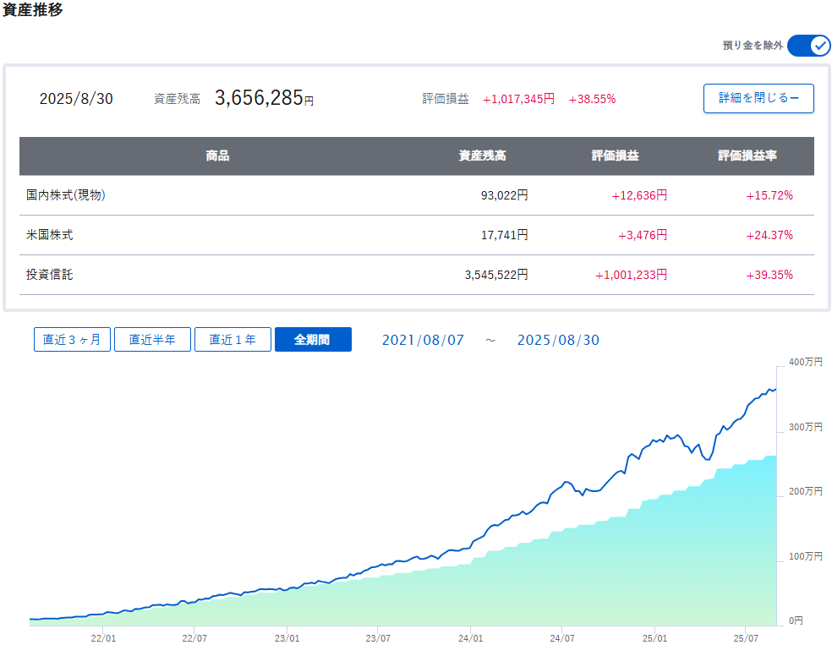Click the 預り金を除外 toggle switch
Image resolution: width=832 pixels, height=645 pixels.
click(808, 46)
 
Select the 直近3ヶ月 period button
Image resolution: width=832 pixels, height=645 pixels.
click(72, 340)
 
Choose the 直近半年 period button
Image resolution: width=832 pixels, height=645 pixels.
click(152, 340)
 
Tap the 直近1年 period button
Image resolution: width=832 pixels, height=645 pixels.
click(233, 340)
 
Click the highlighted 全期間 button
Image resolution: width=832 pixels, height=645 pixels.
click(312, 340)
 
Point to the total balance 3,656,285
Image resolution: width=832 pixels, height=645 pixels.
click(259, 98)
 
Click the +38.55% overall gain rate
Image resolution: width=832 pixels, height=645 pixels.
click(592, 99)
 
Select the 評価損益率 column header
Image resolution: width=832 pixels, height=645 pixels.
click(747, 156)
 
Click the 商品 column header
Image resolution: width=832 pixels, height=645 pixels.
click(217, 156)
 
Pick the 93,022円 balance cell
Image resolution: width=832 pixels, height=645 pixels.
click(505, 195)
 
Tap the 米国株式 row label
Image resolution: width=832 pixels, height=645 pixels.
click(50, 235)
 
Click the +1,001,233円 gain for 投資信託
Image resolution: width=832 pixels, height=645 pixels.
click(631, 275)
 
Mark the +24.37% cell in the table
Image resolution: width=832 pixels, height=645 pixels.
click(769, 235)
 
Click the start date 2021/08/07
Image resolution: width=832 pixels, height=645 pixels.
click(423, 340)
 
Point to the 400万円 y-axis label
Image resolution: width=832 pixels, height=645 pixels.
click(804, 362)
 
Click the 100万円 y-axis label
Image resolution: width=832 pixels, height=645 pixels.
click(804, 556)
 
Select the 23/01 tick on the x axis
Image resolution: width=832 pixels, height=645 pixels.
click(287, 638)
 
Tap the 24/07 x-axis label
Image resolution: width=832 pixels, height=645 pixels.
click(561, 638)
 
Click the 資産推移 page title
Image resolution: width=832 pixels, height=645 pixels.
click(32, 11)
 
